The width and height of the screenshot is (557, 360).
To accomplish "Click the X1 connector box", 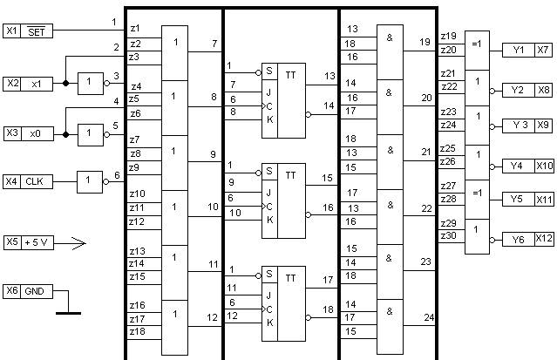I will point(11,31).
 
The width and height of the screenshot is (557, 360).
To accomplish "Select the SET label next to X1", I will point(35,31).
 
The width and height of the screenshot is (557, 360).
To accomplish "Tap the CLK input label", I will point(35,181).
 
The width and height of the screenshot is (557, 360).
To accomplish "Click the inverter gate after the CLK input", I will point(90,181).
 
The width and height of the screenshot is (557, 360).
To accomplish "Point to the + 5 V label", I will point(37,241).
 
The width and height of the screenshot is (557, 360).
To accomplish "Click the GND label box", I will point(35,289).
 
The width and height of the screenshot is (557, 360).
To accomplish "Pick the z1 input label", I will point(135,30).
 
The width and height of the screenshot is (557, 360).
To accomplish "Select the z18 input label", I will point(137,332).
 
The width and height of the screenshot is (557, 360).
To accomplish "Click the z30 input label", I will point(448,235).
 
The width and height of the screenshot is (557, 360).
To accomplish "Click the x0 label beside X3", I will point(35,133).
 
